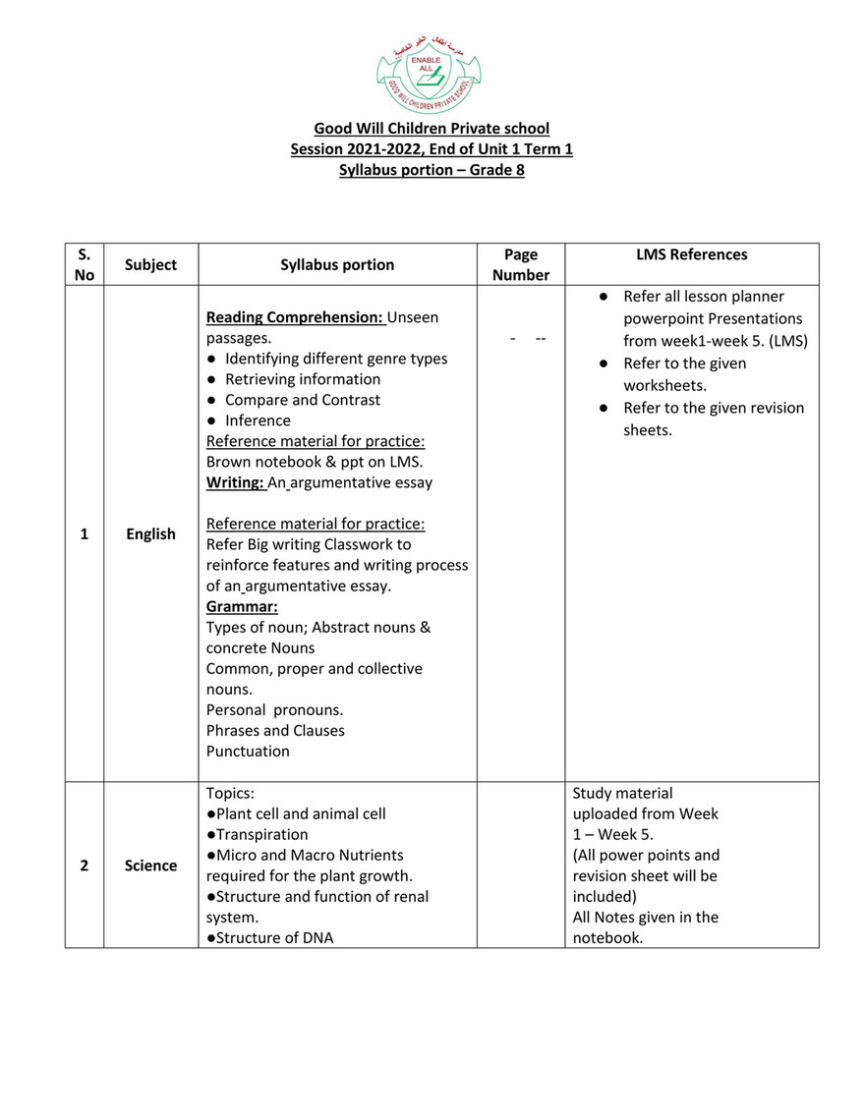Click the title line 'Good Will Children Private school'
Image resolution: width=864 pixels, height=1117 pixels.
[432, 129]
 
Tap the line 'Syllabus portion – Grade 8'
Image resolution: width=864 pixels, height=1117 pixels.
[432, 170]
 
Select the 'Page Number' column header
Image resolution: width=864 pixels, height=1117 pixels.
[520, 264]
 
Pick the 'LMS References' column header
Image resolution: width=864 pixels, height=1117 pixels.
[691, 254]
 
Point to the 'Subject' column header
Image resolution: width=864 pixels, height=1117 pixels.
[150, 264]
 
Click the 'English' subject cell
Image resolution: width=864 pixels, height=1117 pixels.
[150, 534]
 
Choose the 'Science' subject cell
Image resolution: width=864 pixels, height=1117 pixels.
[150, 866]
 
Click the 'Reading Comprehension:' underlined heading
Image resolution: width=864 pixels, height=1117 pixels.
[296, 317]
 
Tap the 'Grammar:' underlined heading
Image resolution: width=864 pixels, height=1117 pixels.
[242, 606]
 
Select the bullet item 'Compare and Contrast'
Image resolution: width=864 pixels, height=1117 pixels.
[302, 400]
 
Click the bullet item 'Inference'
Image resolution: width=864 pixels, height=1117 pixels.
[258, 420]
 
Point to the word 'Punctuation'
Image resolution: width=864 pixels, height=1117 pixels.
[248, 752]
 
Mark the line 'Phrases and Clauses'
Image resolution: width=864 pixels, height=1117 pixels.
[275, 731]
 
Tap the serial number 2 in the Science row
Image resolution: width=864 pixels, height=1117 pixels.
[84, 866]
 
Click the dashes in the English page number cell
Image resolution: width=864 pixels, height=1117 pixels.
[529, 338]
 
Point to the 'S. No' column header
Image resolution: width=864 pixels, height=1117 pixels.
[84, 264]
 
